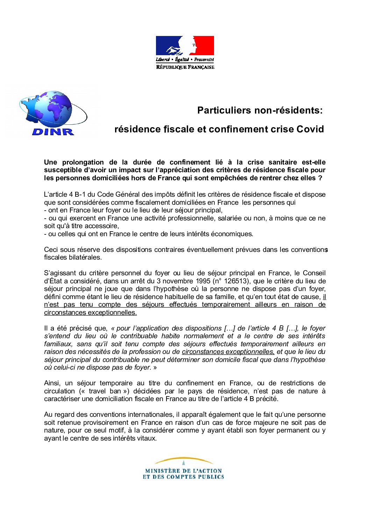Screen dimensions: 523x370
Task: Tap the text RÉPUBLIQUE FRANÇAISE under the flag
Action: (x=185, y=67)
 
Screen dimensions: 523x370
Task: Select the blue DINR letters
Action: (x=53, y=132)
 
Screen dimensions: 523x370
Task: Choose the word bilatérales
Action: (x=84, y=257)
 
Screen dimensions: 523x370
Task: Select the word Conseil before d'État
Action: (x=314, y=273)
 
